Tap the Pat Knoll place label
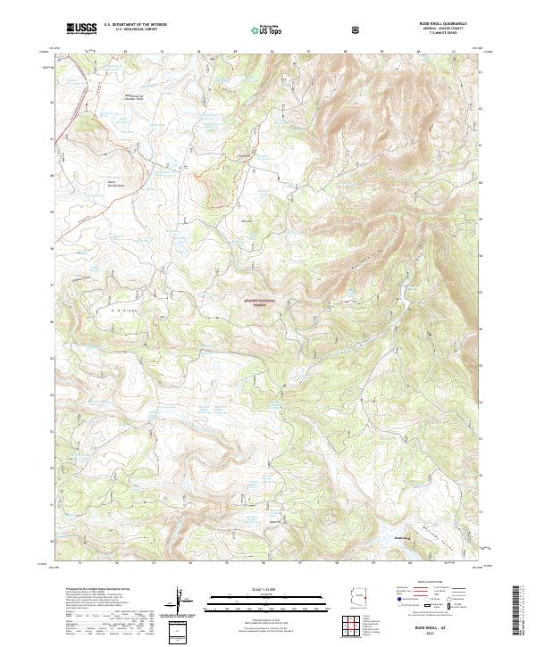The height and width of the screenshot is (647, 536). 248,220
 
